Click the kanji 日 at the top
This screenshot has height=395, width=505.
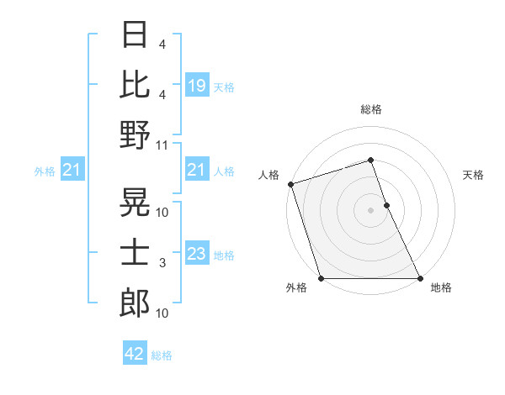[x=135, y=35]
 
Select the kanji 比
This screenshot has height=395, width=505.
[x=135, y=84]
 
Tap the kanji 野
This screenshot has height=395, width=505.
[x=135, y=134]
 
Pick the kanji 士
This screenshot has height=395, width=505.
[x=135, y=253]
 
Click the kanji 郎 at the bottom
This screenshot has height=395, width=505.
[x=135, y=303]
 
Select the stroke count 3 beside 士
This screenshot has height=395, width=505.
[x=162, y=263]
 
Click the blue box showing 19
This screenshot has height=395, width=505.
[x=196, y=85]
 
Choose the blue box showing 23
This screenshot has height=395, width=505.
[x=196, y=254]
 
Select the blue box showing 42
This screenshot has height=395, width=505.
[x=134, y=354]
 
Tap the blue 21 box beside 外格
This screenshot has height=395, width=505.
[x=72, y=171]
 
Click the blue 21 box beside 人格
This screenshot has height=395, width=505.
[x=196, y=171]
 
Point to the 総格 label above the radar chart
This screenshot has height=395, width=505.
[x=370, y=109]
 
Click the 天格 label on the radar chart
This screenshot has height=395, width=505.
[x=473, y=175]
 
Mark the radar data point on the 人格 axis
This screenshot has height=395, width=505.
[x=290, y=184]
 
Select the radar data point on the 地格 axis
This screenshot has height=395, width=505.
[x=420, y=278]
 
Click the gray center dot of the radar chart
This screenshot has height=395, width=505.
[x=370, y=210]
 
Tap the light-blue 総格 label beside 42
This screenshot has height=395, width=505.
[x=162, y=355]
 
